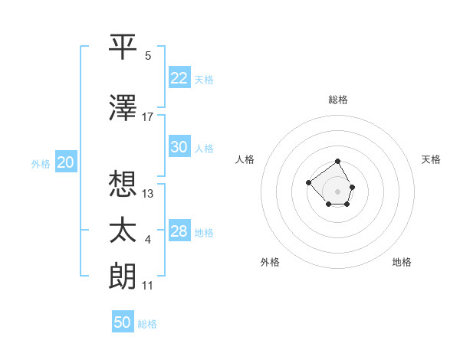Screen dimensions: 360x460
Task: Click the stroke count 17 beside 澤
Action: pos(148,116)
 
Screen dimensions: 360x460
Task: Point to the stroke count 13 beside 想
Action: pos(148,193)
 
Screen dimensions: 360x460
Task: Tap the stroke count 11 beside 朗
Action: pos(148,286)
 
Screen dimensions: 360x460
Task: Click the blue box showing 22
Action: pos(179,77)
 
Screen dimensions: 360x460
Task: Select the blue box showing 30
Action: pos(179,147)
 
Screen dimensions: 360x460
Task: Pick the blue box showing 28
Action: pos(179,231)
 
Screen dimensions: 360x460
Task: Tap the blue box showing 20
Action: pos(65,162)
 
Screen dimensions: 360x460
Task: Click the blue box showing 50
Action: pos(123,322)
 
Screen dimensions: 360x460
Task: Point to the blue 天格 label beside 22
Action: pos(203,80)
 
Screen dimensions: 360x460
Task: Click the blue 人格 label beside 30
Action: pos(203,149)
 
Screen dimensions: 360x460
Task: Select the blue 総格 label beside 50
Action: pos(147,324)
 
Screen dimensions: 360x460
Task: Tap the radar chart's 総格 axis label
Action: pos(338,100)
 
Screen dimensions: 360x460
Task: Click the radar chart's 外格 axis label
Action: pos(270,262)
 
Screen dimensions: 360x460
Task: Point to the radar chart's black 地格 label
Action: pos(402,262)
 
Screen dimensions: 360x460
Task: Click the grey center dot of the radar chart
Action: pos(337,191)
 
